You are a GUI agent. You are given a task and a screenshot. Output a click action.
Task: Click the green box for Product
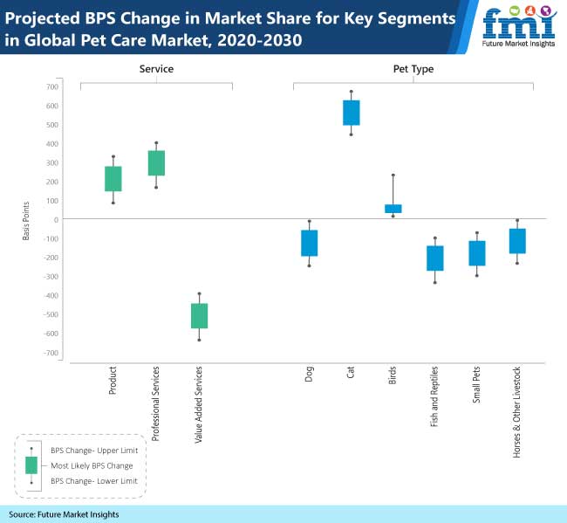(113, 179)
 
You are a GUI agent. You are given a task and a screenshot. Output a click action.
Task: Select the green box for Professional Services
(156, 163)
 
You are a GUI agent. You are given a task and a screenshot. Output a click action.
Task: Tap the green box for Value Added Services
(199, 316)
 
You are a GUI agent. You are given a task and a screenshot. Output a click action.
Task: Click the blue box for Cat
(351, 113)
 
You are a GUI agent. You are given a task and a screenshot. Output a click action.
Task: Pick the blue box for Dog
(309, 244)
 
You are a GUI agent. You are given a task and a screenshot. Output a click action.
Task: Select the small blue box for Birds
(393, 209)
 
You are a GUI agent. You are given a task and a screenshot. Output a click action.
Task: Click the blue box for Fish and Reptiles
(434, 258)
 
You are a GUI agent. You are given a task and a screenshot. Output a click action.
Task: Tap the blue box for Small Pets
(477, 253)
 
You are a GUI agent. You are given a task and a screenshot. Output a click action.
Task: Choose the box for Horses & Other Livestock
(518, 241)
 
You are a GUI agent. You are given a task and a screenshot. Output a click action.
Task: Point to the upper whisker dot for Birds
(393, 175)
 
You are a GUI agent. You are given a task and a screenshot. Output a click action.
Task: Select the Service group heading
(156, 68)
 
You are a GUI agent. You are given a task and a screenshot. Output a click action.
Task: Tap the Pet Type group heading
(413, 68)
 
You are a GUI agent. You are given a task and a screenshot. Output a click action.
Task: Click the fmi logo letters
(518, 23)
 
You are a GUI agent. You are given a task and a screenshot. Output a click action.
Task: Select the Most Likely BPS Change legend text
(92, 465)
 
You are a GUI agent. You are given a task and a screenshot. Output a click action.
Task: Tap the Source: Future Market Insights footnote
(65, 514)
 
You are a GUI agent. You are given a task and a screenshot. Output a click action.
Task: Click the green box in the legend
(31, 465)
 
